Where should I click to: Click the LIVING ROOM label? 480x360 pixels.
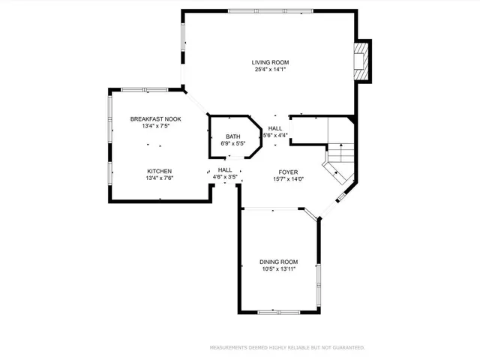pyautogui.click(x=270, y=62)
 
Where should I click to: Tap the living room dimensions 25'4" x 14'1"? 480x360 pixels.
pyautogui.click(x=270, y=70)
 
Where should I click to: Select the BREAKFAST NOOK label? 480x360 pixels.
pyautogui.click(x=155, y=119)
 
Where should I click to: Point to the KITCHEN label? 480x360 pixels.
pyautogui.click(x=159, y=171)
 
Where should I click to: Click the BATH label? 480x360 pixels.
pyautogui.click(x=233, y=136)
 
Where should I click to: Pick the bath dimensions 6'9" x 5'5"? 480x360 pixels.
pyautogui.click(x=233, y=143)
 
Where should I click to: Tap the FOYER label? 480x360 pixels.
pyautogui.click(x=289, y=172)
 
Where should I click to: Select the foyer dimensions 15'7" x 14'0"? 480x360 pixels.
pyautogui.click(x=289, y=178)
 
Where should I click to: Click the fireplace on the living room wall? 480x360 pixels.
pyautogui.click(x=362, y=61)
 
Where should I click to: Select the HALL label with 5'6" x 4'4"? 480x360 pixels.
pyautogui.click(x=275, y=128)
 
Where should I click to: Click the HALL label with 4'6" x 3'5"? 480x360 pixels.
pyautogui.click(x=225, y=170)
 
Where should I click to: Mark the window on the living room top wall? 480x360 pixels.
pyautogui.click(x=271, y=10)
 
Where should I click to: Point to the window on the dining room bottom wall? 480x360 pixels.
pyautogui.click(x=278, y=311)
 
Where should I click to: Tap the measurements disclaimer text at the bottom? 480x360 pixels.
pyautogui.click(x=286, y=348)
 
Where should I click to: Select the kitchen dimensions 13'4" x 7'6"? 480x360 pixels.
pyautogui.click(x=159, y=178)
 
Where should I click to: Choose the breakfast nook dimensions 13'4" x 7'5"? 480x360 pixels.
pyautogui.click(x=155, y=127)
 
